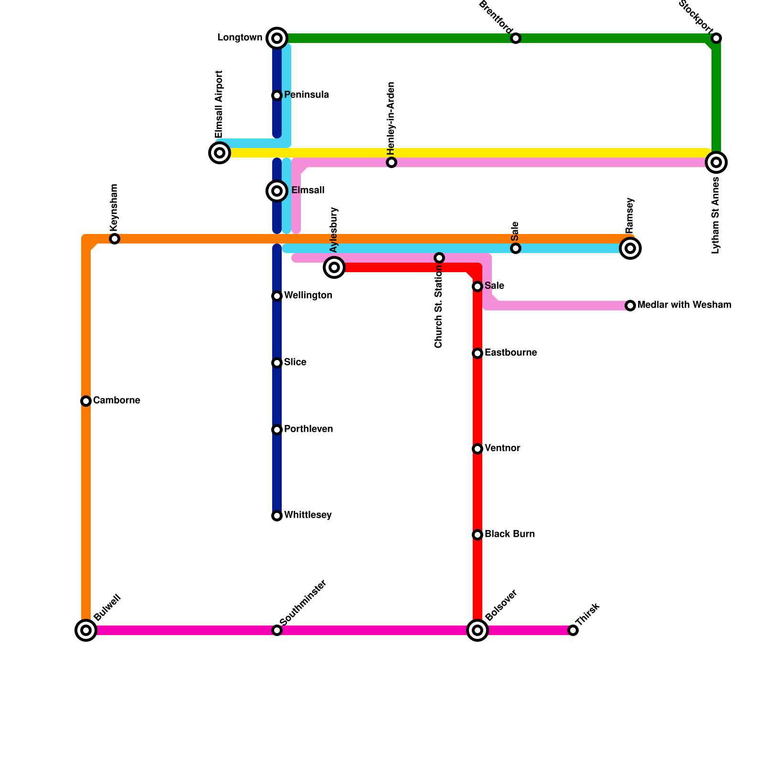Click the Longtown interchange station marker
[x=277, y=38]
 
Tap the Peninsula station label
[x=306, y=95]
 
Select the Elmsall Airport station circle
[x=220, y=153]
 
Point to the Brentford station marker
[x=516, y=38]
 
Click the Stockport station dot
[x=716, y=38]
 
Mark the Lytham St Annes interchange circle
[x=716, y=162]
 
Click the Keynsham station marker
[x=115, y=239]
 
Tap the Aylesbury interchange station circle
[x=334, y=267]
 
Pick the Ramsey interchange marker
[x=630, y=248]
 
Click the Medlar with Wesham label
[x=684, y=305]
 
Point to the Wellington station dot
[x=277, y=296]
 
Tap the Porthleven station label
[x=308, y=429]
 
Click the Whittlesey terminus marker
[x=277, y=516]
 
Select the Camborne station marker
[x=86, y=401]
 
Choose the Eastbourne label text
[x=510, y=353]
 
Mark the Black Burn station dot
[x=477, y=535]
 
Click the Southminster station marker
[x=277, y=630]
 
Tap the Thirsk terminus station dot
[x=573, y=630]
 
